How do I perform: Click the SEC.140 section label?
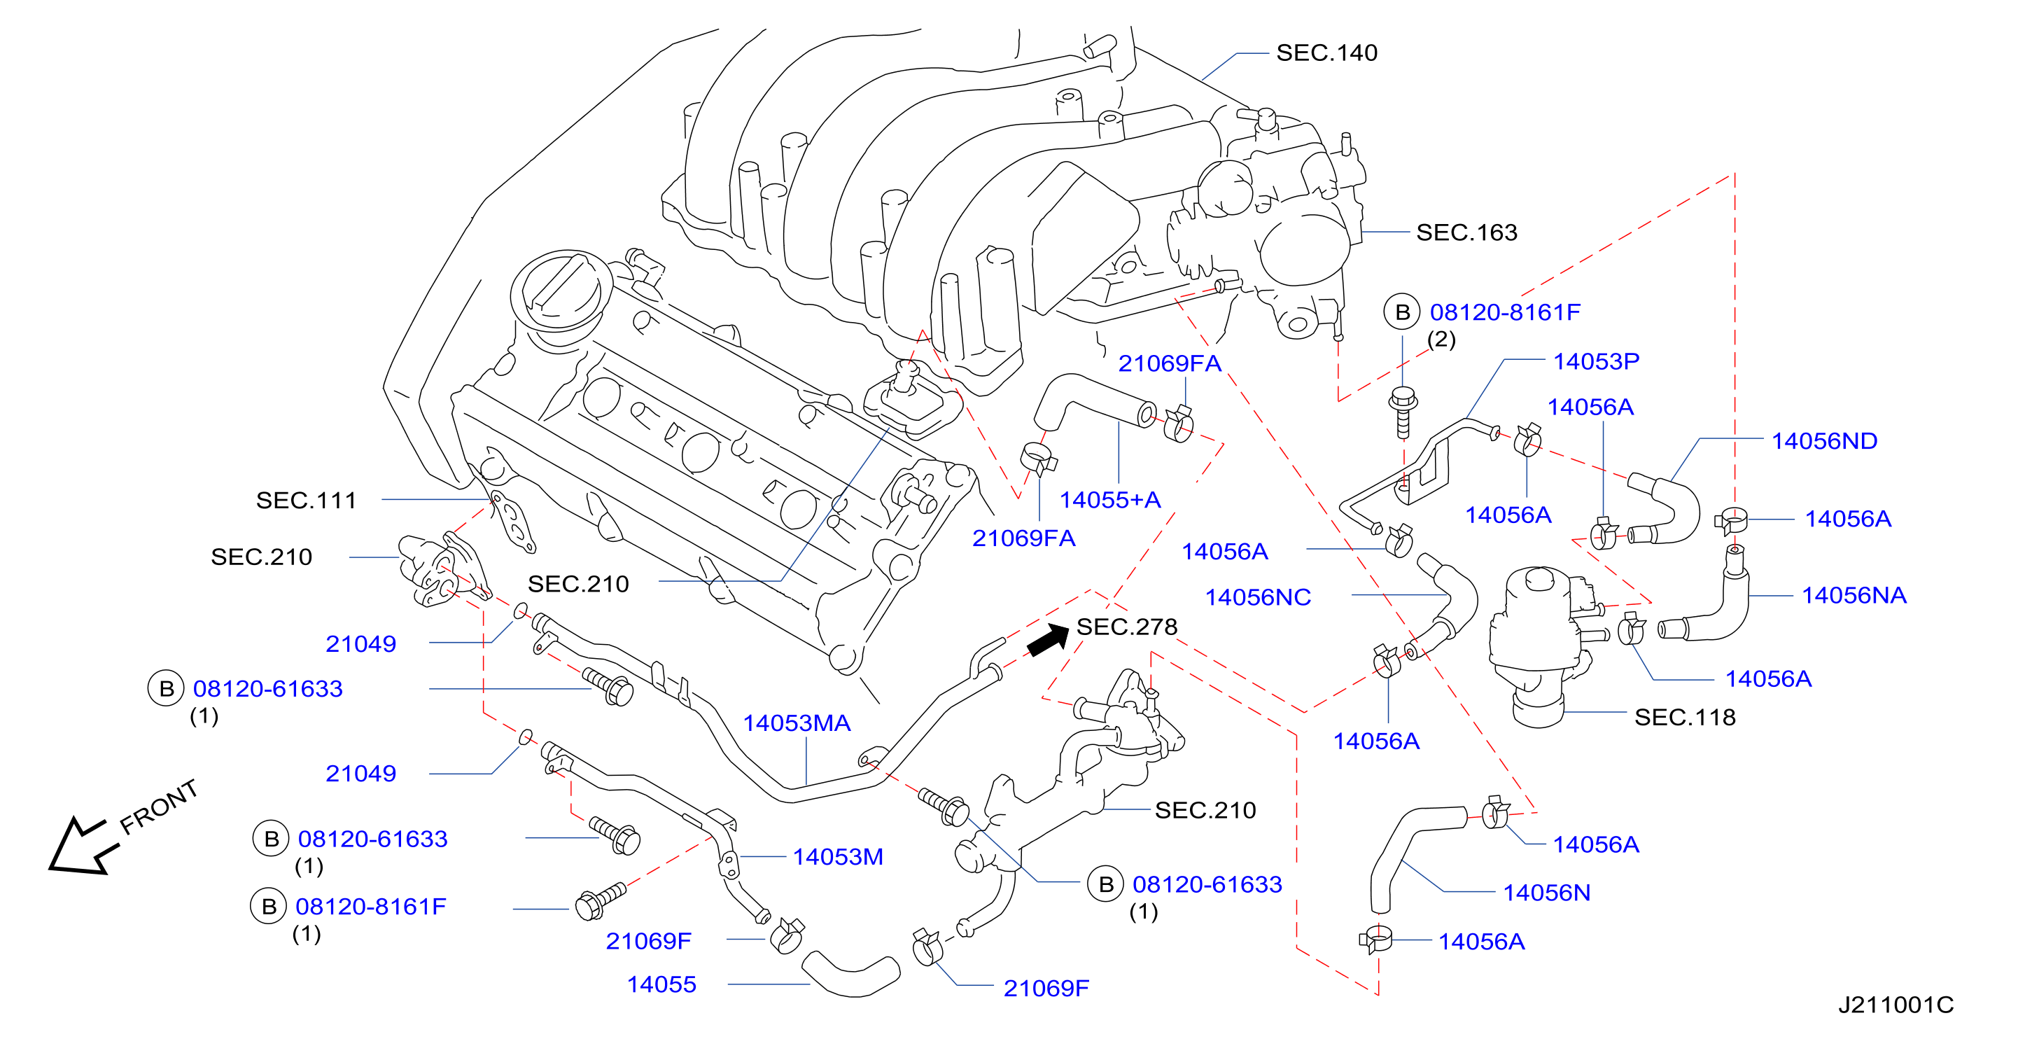pos(1327,53)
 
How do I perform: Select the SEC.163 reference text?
pos(1466,232)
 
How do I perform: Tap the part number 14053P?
pos(1596,361)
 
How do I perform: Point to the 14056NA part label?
pos(1854,595)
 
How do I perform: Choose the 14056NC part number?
pos(1257,597)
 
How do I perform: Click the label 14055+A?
pos(1110,499)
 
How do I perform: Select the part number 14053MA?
pos(797,723)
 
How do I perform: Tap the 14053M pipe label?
pos(838,857)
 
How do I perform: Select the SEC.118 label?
pos(1684,717)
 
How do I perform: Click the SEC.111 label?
pos(306,500)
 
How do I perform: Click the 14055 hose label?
pos(661,984)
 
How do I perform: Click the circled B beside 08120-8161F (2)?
pos(1402,312)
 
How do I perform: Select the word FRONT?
pos(159,807)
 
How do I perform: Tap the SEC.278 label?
pos(1126,627)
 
